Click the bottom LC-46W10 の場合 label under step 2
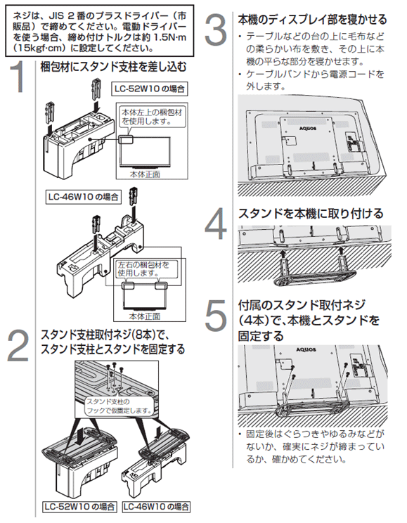(x=155, y=506)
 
